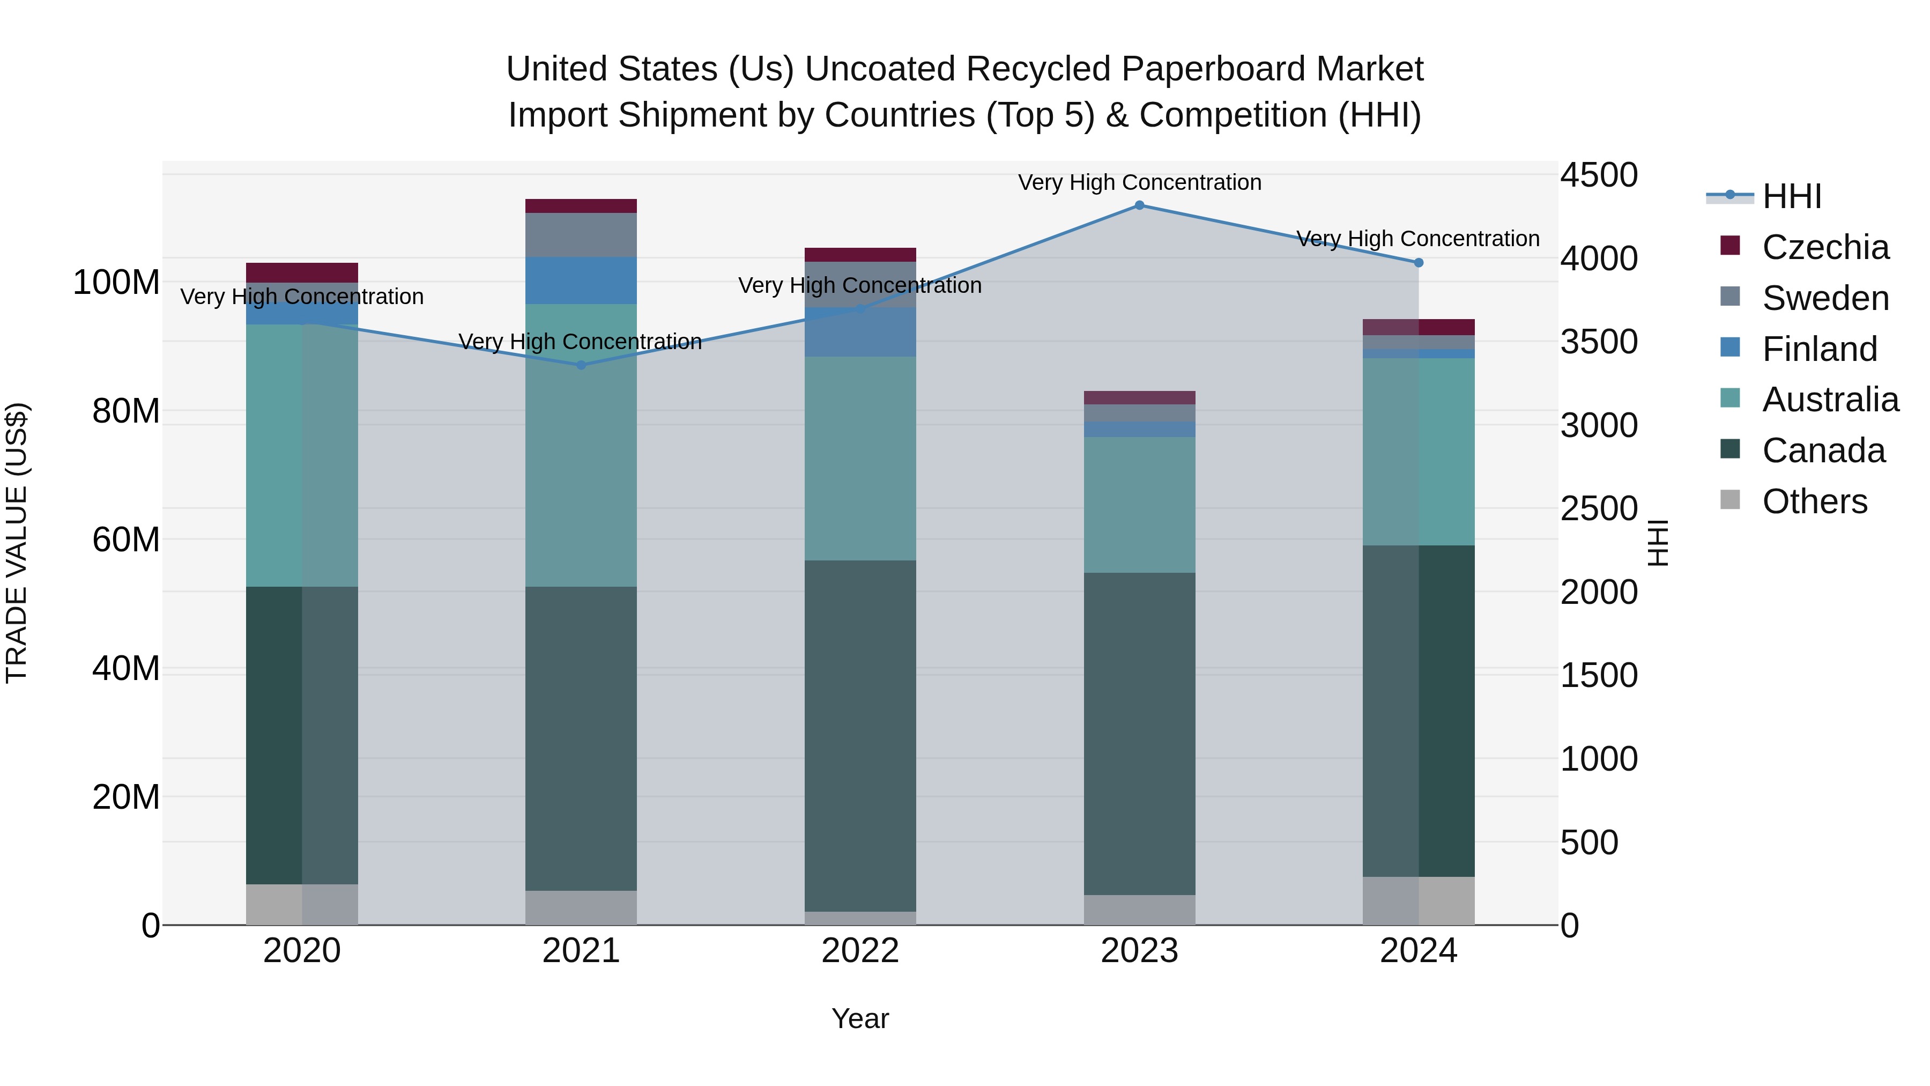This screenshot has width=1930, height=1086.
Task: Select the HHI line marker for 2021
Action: (x=581, y=365)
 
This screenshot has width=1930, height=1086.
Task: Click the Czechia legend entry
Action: (x=1825, y=247)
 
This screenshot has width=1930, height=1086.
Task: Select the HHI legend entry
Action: (x=1791, y=196)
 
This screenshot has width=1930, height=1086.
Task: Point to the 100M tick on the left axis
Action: (x=116, y=283)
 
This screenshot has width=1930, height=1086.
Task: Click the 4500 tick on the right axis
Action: (x=1599, y=175)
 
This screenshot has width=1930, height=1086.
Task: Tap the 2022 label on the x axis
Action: (x=860, y=951)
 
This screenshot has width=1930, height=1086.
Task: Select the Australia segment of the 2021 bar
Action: (x=581, y=446)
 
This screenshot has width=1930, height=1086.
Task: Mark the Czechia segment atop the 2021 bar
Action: (x=581, y=206)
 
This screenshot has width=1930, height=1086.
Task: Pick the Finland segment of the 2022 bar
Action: (x=860, y=332)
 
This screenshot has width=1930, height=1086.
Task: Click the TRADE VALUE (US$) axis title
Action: (x=17, y=543)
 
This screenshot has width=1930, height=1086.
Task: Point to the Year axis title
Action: (x=860, y=1018)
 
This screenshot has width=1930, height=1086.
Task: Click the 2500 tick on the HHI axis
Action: (x=1599, y=509)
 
